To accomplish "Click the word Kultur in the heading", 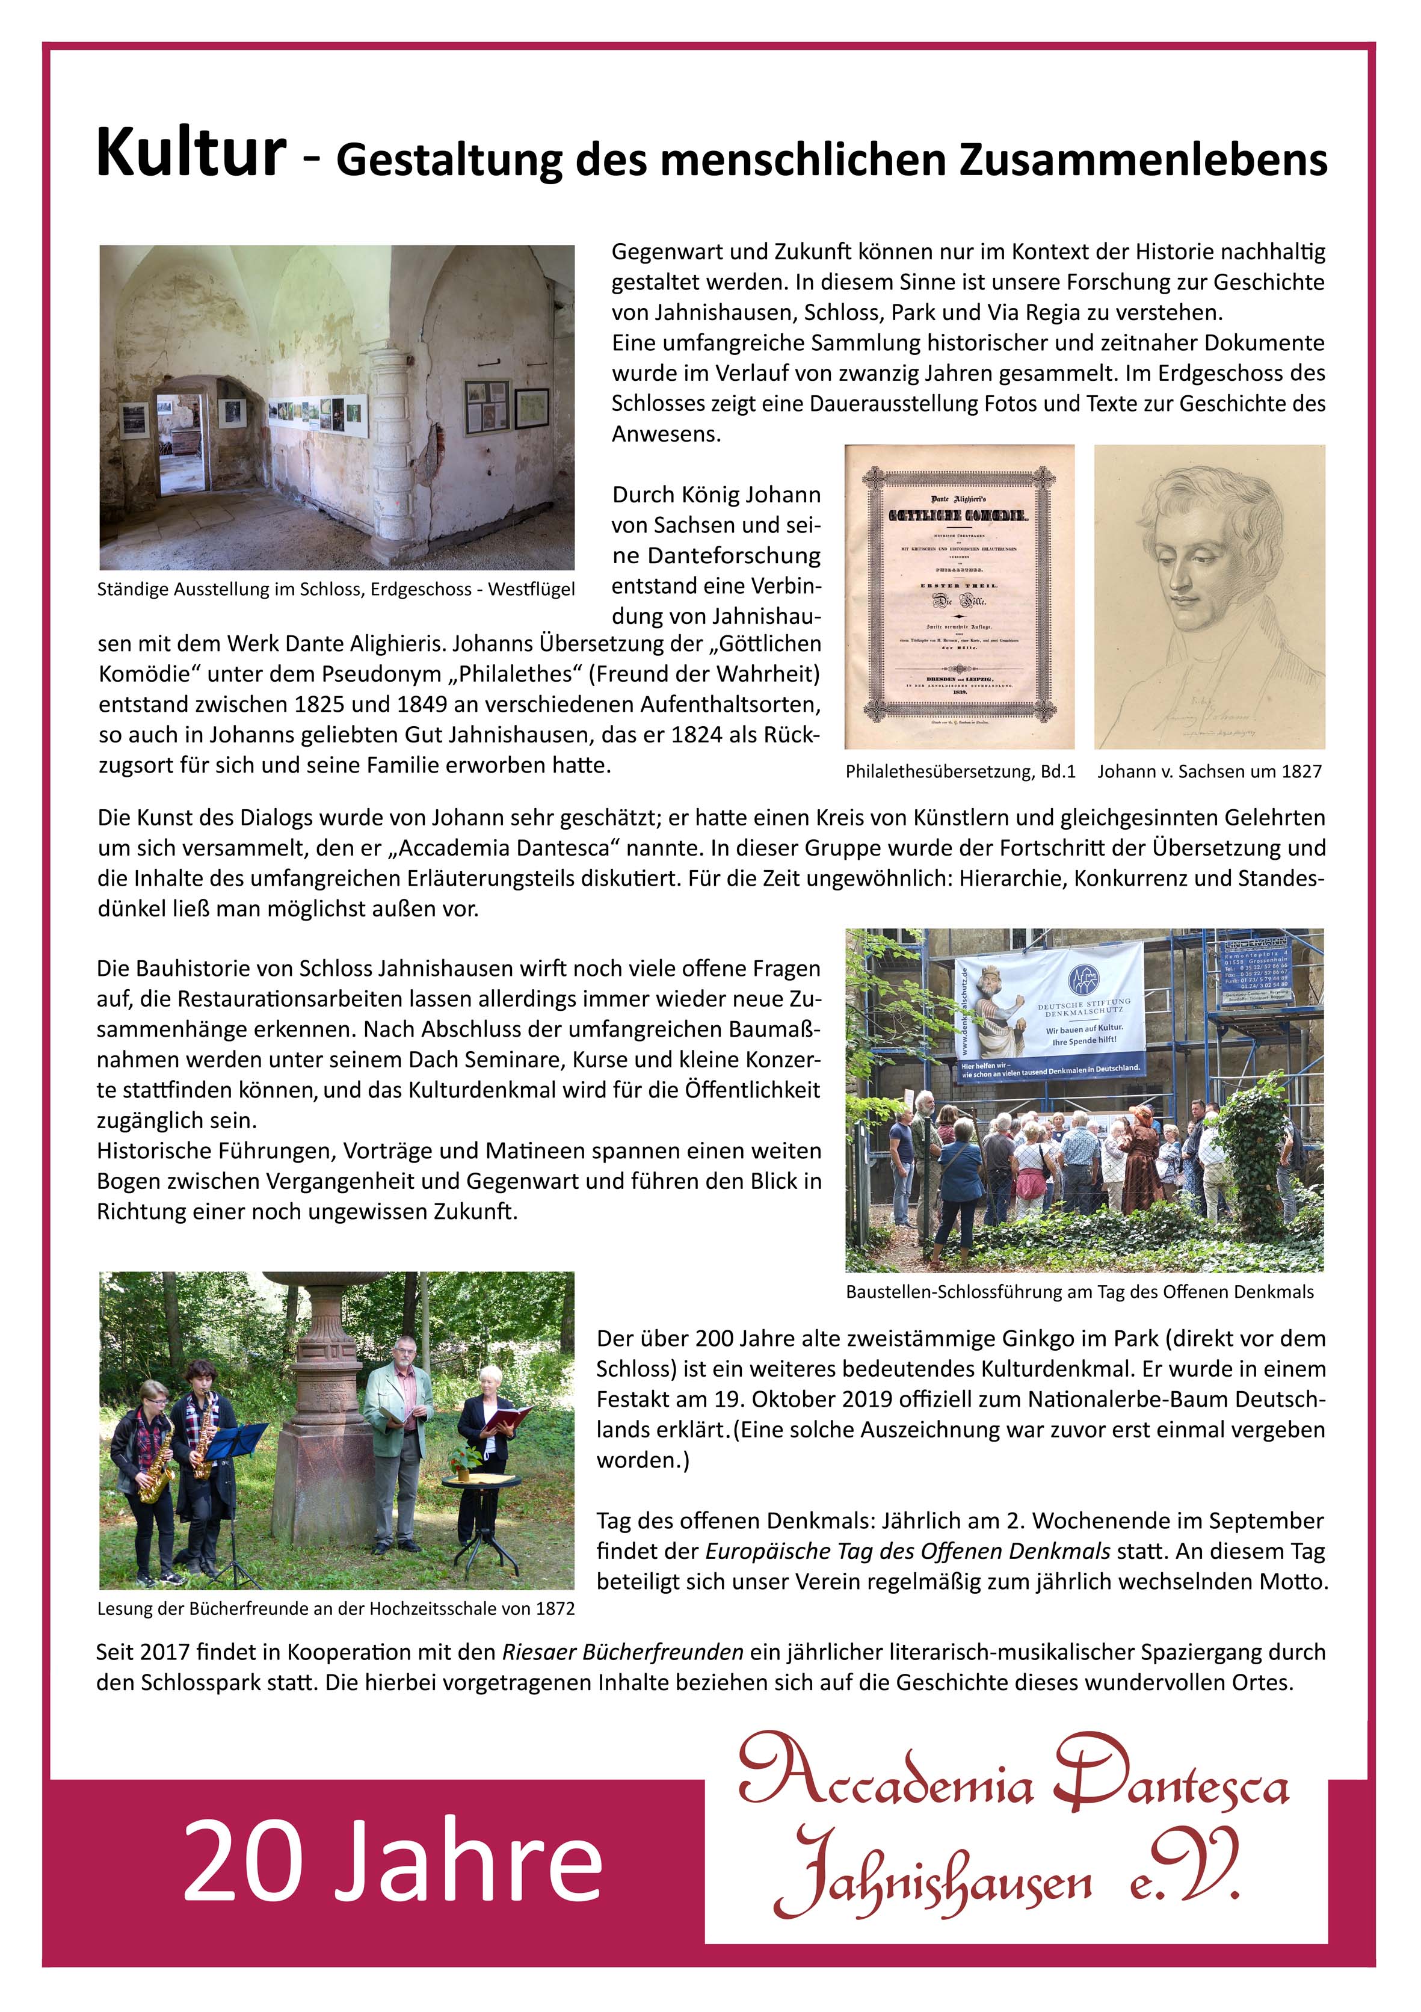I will tap(191, 153).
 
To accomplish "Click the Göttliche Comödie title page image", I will tap(958, 597).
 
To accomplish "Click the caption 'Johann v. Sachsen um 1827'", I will tap(1209, 772).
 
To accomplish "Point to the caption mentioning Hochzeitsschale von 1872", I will tap(336, 1609).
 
